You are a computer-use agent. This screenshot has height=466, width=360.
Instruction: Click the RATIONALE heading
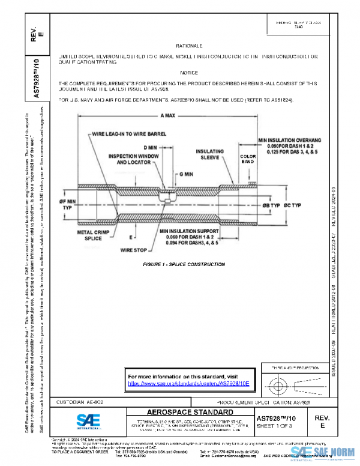tap(189, 46)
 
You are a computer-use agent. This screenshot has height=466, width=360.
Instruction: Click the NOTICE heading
tap(189, 72)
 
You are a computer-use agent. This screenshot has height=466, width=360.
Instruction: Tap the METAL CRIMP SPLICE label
tap(92, 234)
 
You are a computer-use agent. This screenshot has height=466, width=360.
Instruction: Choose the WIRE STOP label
tap(134, 249)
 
